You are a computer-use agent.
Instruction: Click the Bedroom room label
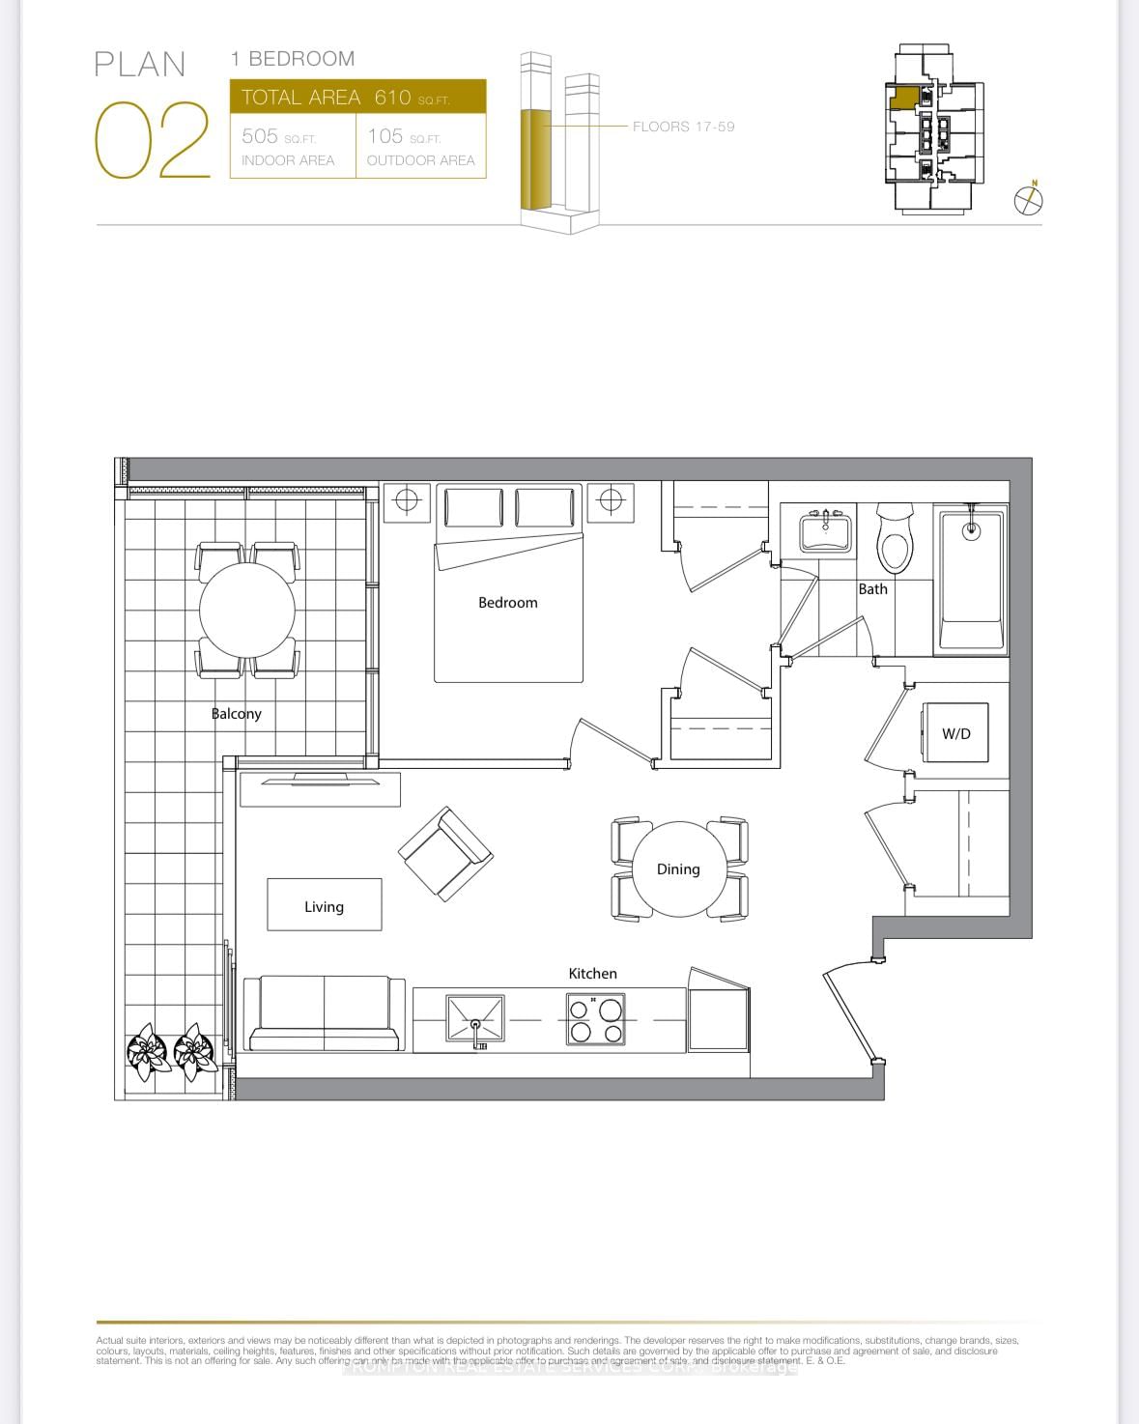pos(507,603)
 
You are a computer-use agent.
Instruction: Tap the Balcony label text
pos(237,714)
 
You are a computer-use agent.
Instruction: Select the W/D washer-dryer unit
pos(955,733)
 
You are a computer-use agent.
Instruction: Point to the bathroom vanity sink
pos(826,531)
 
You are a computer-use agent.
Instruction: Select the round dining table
pos(679,869)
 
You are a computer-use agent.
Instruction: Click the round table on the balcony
pos(247,610)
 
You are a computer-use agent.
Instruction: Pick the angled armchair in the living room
pos(445,854)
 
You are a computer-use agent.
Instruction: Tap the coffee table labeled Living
pos(324,905)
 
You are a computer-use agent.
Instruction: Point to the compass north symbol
pos(1029,199)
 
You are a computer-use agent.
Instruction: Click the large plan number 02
pos(153,141)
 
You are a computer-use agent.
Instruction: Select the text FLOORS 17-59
pos(683,127)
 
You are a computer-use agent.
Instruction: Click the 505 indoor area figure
pos(261,136)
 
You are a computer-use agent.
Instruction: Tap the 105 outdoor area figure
pos(384,136)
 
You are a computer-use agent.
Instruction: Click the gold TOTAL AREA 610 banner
pos(357,98)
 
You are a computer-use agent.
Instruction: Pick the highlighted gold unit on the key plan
pos(903,98)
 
